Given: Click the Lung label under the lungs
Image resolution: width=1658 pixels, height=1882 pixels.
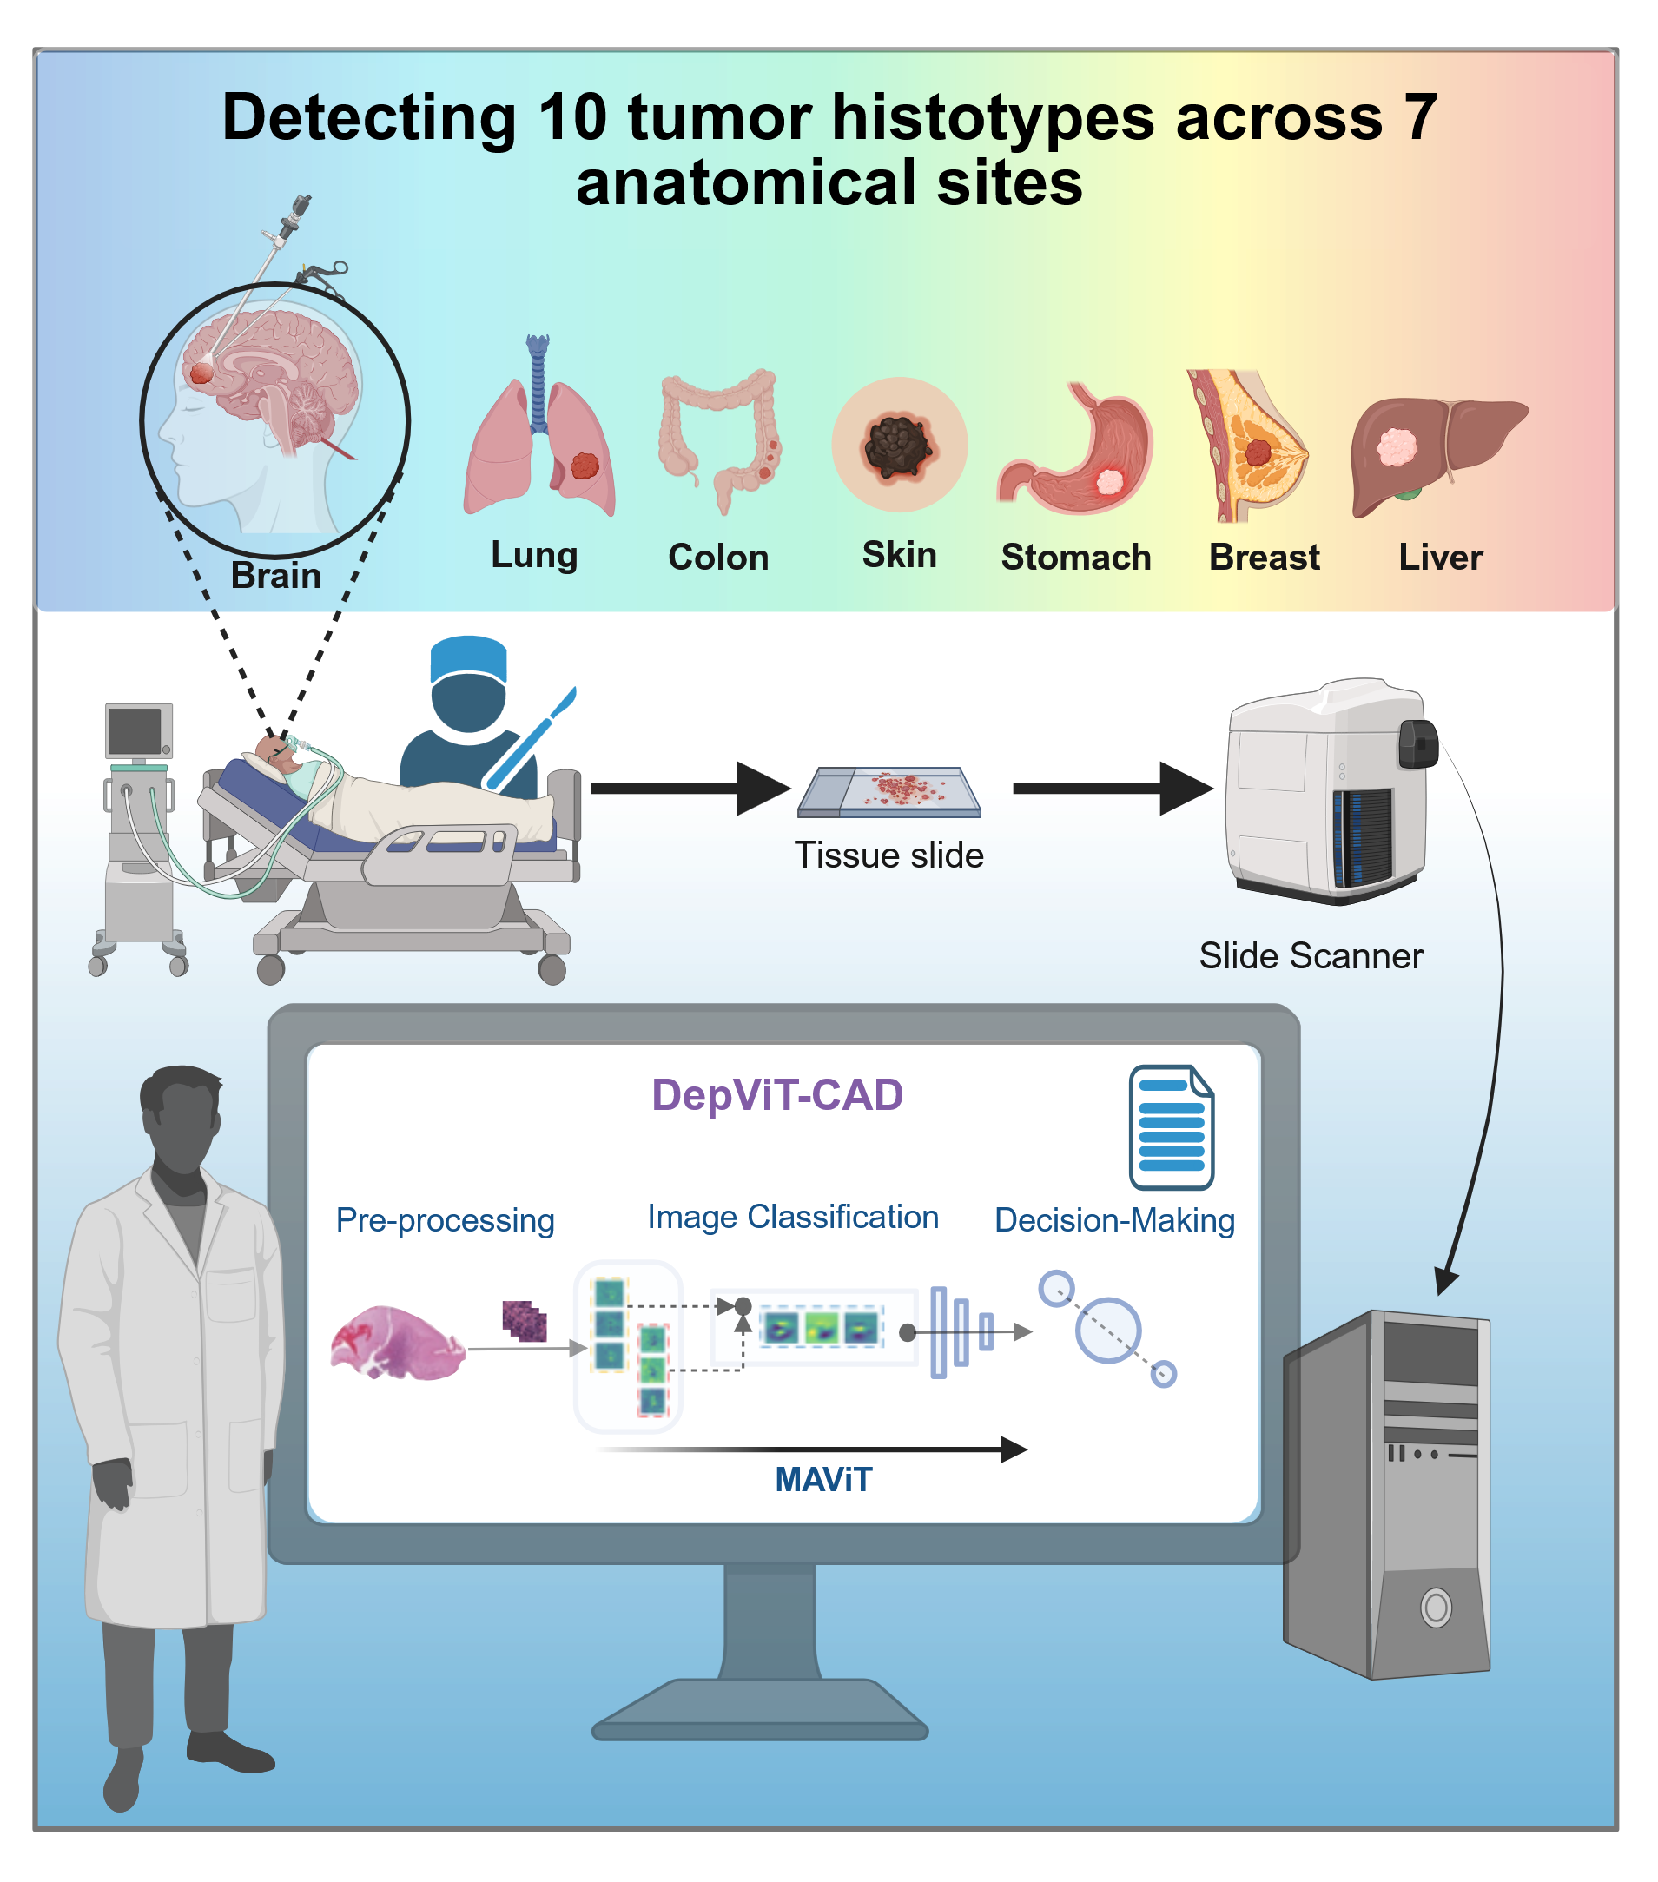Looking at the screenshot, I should click(x=534, y=554).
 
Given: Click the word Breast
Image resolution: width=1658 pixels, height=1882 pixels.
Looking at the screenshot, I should click(x=1264, y=557).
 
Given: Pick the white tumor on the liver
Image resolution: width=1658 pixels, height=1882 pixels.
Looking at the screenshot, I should click(x=1397, y=447).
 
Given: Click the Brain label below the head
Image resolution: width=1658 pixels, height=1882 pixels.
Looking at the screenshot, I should click(x=275, y=576).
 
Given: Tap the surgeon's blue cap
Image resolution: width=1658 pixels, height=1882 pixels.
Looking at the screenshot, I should click(x=469, y=657).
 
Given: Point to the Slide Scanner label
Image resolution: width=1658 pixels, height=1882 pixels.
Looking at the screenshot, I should click(x=1310, y=955).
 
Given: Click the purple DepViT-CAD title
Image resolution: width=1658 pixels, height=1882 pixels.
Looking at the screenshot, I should click(x=777, y=1095).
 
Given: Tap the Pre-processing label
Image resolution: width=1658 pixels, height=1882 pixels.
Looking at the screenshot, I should click(x=445, y=1220).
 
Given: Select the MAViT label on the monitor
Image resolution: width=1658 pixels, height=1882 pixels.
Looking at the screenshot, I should click(x=823, y=1480).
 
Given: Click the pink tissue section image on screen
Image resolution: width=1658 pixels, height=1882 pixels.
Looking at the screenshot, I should click(x=398, y=1344).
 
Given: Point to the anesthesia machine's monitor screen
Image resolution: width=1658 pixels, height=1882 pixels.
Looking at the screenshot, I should click(x=135, y=731).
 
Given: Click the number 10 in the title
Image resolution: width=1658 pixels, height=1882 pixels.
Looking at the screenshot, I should click(x=571, y=118).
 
